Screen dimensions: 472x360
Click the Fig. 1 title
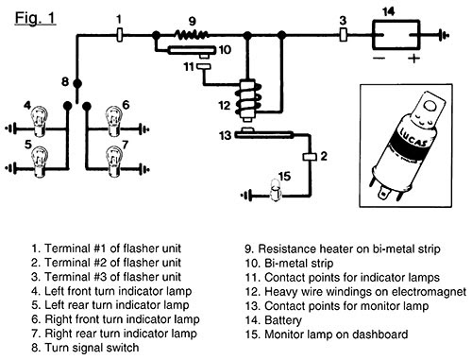(35, 18)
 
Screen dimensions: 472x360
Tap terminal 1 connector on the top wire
(120, 35)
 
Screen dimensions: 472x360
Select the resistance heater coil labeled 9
(193, 34)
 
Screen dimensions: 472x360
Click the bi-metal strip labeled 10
(192, 50)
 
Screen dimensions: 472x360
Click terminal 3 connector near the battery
(343, 35)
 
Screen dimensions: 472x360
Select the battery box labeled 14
(396, 35)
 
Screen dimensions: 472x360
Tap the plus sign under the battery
(413, 59)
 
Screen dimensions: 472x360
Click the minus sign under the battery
(379, 59)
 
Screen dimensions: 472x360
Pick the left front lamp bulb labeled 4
(39, 121)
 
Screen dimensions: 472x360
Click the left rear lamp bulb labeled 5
(40, 162)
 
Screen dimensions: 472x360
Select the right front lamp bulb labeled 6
(113, 121)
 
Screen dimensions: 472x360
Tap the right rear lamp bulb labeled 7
(113, 162)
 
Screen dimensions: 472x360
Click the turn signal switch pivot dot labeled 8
(77, 83)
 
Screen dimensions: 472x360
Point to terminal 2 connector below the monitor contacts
(310, 157)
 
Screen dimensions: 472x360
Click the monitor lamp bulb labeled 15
(276, 190)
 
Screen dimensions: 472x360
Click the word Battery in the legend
(283, 320)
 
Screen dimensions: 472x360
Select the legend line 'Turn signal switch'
(85, 348)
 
